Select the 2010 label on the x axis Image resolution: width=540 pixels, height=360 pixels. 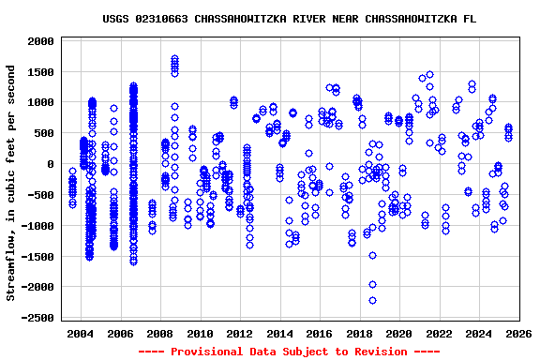click(x=200, y=335)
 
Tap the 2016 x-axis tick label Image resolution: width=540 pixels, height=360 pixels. click(x=320, y=335)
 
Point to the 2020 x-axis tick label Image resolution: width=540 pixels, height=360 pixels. click(x=399, y=335)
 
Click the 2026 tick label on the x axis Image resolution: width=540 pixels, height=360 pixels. click(x=518, y=335)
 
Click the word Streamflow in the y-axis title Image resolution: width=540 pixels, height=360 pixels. click(x=11, y=264)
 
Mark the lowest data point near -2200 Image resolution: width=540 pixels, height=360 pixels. click(x=372, y=300)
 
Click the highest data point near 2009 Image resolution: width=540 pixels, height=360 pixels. click(x=174, y=59)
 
